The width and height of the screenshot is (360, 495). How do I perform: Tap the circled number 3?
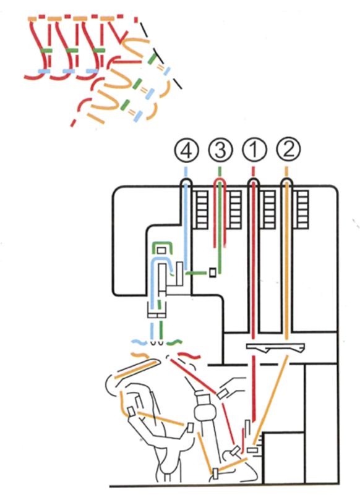[x=220, y=150]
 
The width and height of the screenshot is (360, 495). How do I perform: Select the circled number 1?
[x=253, y=150]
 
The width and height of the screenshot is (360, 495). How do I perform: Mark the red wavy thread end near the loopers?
[x=188, y=355]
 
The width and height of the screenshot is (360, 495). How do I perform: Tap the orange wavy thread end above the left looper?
[x=141, y=355]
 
